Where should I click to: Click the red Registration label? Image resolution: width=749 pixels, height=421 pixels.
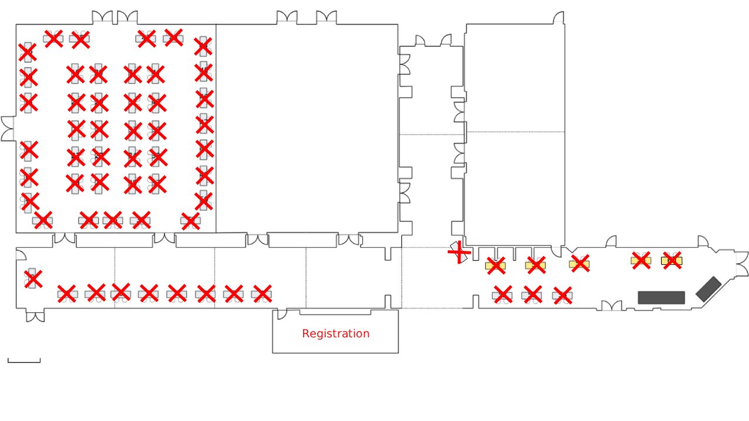pyautogui.click(x=335, y=334)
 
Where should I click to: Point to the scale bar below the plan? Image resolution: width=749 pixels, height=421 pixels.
pyautogui.click(x=24, y=361)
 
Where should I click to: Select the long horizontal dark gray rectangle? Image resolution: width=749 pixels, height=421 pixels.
pyautogui.click(x=661, y=298)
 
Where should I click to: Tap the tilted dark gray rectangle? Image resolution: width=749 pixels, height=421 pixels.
pyautogui.click(x=709, y=289)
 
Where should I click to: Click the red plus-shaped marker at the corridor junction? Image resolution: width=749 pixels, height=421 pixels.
pyautogui.click(x=459, y=252)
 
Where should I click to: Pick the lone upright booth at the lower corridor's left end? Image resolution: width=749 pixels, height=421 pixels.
pyautogui.click(x=32, y=279)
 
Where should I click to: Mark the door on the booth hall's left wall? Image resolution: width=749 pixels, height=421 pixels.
pyautogui.click(x=8, y=129)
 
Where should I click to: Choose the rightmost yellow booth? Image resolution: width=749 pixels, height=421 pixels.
pyautogui.click(x=672, y=260)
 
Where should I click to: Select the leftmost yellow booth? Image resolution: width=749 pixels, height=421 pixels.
pyautogui.click(x=495, y=265)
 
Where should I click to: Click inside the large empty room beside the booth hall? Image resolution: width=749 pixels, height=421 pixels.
pyautogui.click(x=307, y=129)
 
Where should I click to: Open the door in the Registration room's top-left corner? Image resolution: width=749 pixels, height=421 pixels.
pyautogui.click(x=281, y=314)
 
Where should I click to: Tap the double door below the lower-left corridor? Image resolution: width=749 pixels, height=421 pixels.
pyautogui.click(x=35, y=316)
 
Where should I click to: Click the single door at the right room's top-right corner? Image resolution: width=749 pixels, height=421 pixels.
pyautogui.click(x=559, y=18)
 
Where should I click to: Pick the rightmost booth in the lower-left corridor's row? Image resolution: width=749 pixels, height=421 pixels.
pyautogui.click(x=262, y=294)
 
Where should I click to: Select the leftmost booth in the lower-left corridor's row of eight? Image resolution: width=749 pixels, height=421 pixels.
pyautogui.click(x=67, y=294)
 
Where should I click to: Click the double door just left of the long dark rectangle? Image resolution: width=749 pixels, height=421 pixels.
pyautogui.click(x=612, y=305)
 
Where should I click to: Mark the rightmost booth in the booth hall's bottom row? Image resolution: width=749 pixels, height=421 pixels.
pyautogui.click(x=190, y=220)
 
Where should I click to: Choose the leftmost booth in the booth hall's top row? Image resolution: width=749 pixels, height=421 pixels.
pyautogui.click(x=53, y=39)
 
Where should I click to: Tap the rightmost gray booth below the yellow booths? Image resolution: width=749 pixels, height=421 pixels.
pyautogui.click(x=562, y=296)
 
